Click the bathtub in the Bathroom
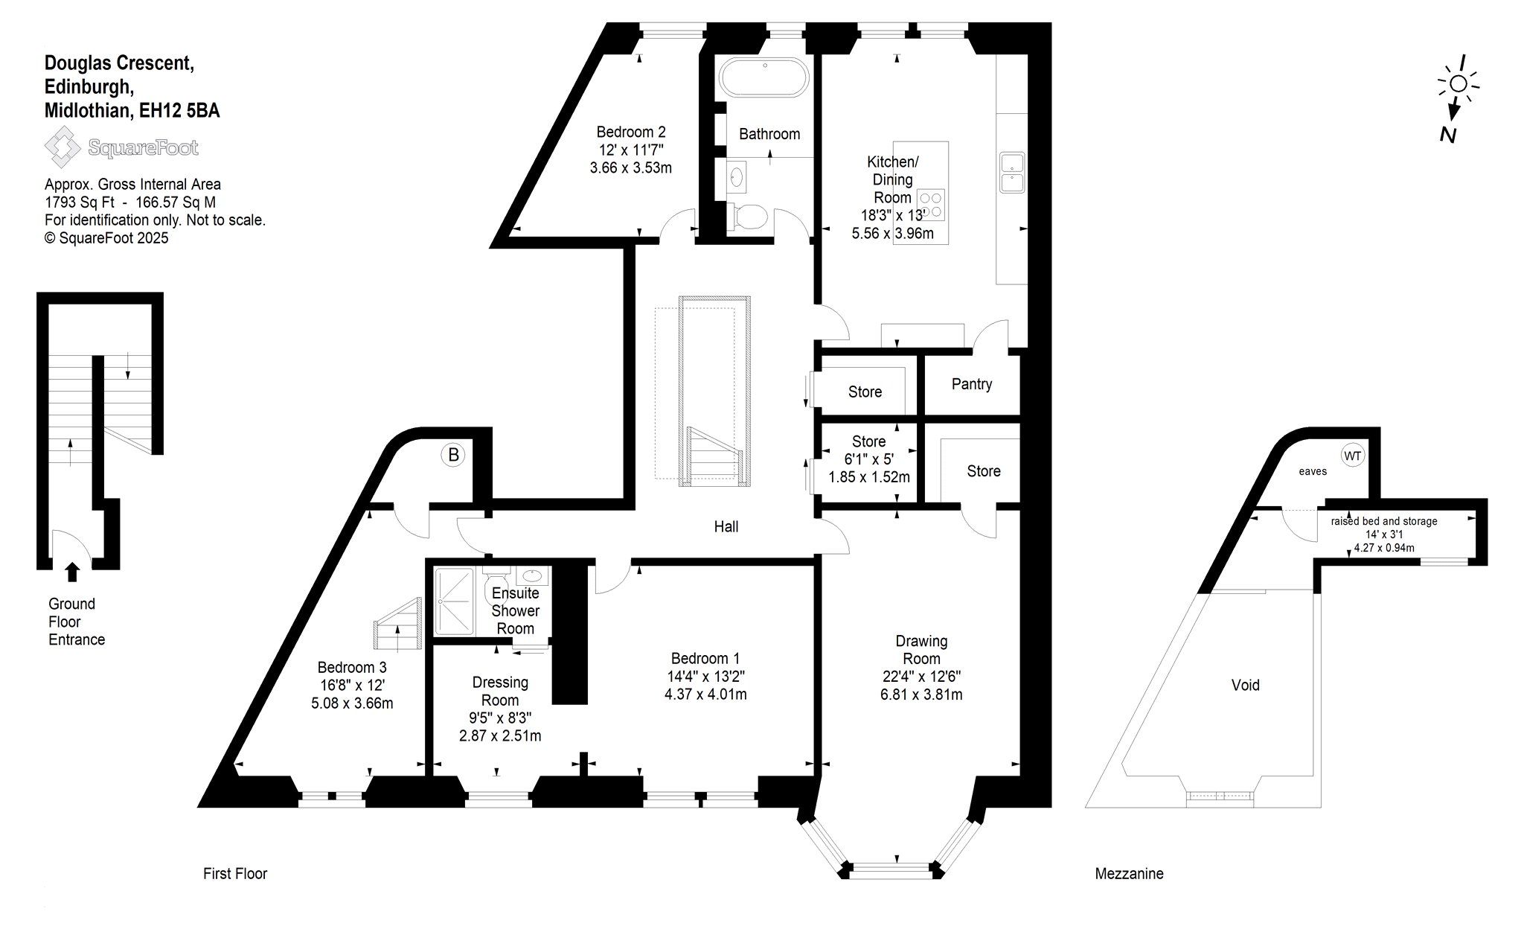763,77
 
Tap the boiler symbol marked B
454,454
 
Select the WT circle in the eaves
1353,455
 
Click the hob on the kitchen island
931,205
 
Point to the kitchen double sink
1012,173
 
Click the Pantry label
972,384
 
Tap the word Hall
726,526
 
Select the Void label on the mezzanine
1246,685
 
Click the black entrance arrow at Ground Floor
72,572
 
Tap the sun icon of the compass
1459,83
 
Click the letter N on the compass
1448,135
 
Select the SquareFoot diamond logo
63,147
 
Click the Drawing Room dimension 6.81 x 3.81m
921,695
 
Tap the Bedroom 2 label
631,132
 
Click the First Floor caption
235,873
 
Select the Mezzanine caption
1129,873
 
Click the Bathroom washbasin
737,177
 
